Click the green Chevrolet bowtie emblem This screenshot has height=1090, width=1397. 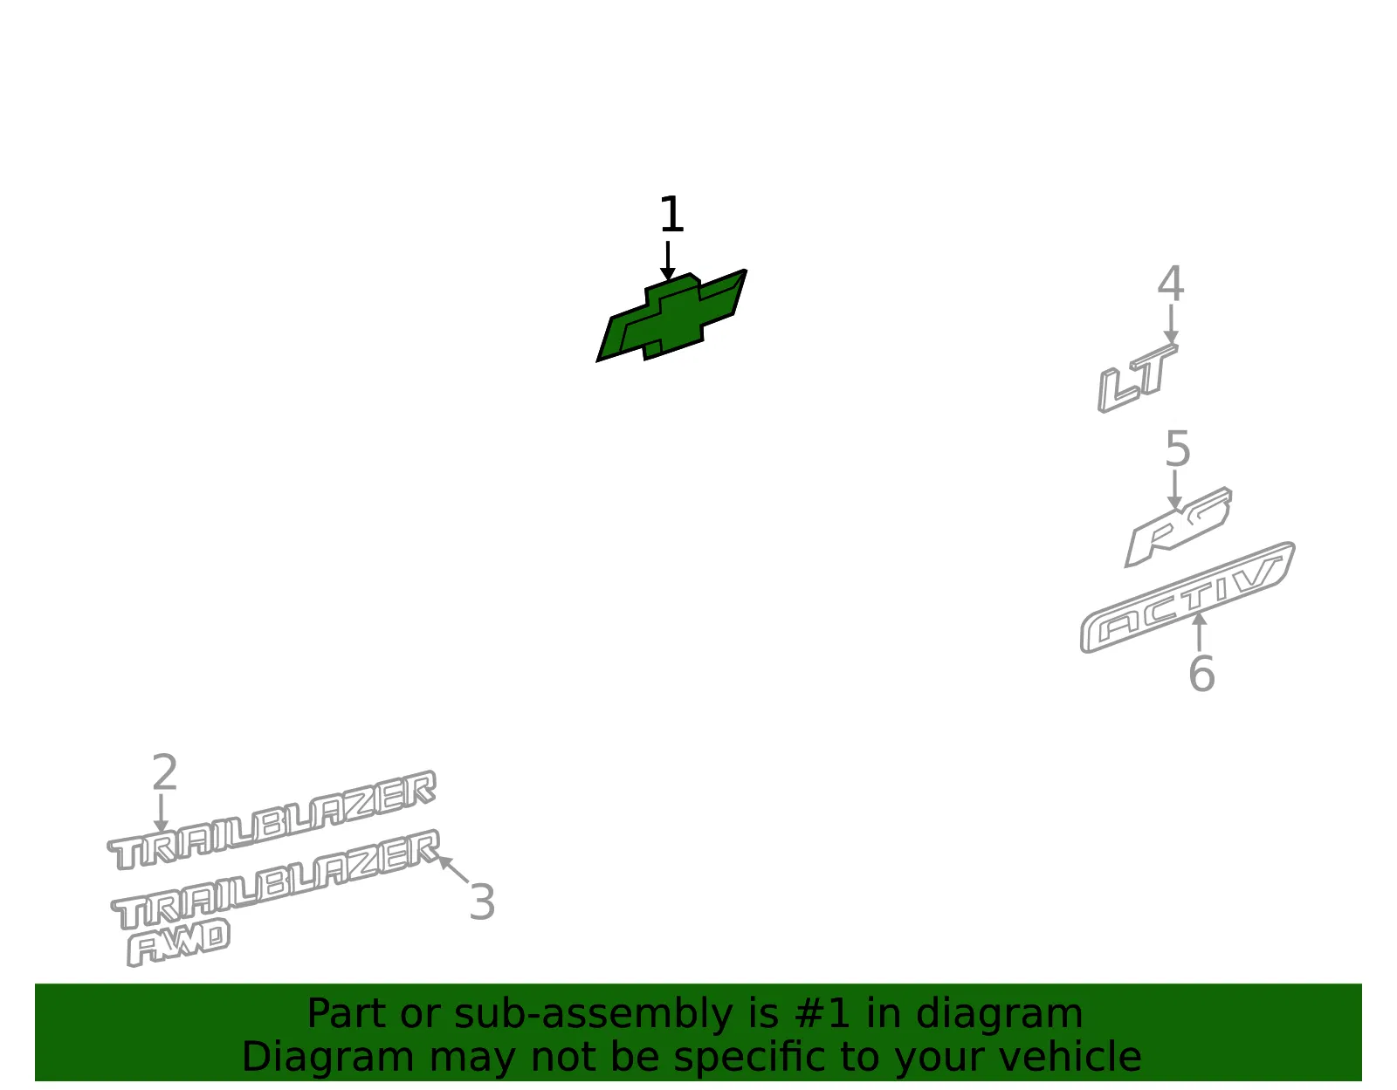pos(672,317)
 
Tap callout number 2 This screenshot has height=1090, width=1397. pos(164,772)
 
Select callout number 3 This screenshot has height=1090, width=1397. pos(482,901)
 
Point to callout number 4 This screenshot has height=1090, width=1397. pos(1171,284)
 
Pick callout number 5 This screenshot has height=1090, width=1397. pos(1178,449)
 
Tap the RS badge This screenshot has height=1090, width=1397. pos(1178,528)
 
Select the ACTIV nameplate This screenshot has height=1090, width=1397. pos(1187,597)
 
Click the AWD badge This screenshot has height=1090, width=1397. pos(178,943)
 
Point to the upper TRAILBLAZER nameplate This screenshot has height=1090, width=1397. pos(272,819)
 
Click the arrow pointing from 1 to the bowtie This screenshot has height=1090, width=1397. pos(668,261)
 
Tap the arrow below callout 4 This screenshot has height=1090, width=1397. pos(1171,325)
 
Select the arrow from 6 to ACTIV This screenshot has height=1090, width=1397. pos(1199,632)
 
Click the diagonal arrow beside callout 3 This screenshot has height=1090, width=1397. pos(453,869)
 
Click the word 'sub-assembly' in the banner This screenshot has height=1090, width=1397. pos(594,1014)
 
